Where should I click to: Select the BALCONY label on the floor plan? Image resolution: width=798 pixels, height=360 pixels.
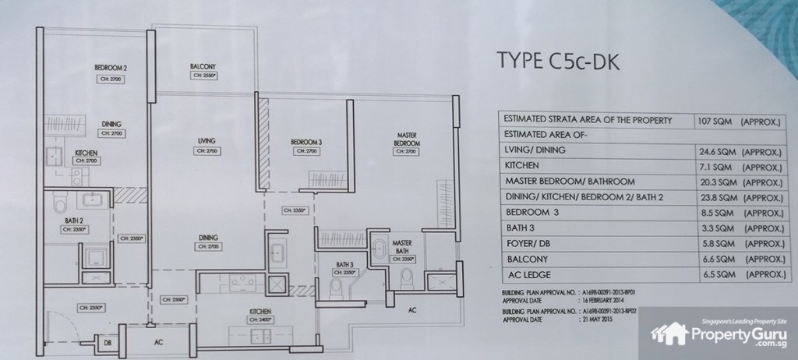pos(202,66)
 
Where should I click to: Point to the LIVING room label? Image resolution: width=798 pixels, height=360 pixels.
pos(205,140)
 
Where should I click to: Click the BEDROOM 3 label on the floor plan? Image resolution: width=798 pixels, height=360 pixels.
pos(306,141)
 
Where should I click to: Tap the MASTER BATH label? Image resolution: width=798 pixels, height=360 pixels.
pos(402,245)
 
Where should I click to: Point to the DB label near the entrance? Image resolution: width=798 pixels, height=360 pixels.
pos(107,341)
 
